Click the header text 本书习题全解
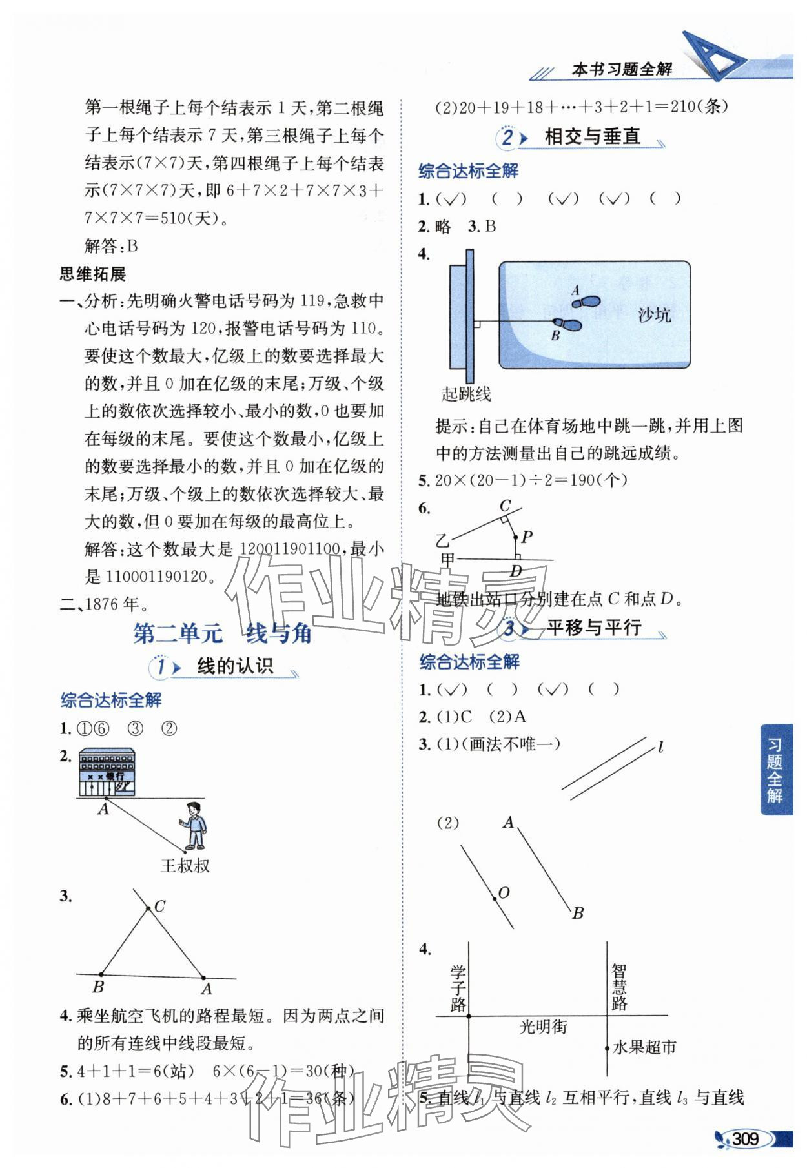coord(622,69)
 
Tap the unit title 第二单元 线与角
coord(222,633)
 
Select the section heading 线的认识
coord(235,666)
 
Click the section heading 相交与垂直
coord(592,137)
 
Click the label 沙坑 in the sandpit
coord(654,314)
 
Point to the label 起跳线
coord(466,394)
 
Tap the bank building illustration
coord(107,772)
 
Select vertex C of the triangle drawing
coord(149,908)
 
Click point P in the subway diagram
coord(516,537)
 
